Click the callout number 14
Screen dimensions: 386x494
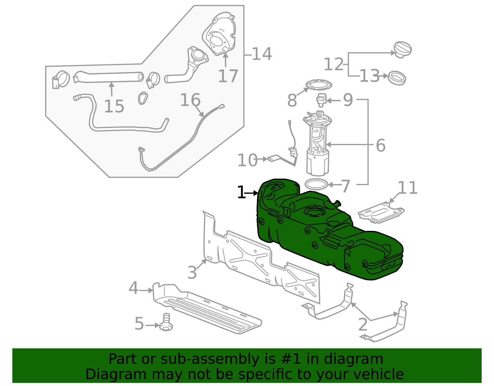pyautogui.click(x=262, y=54)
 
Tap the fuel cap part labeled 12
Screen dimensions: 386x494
pyautogui.click(x=403, y=49)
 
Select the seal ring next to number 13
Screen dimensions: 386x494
pyautogui.click(x=397, y=78)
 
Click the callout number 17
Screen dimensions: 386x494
pyautogui.click(x=228, y=76)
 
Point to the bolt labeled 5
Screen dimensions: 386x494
pyautogui.click(x=166, y=323)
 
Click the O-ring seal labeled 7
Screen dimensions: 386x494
pyautogui.click(x=316, y=185)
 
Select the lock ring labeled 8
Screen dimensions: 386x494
pyautogui.click(x=319, y=84)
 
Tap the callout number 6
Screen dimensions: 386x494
pyautogui.click(x=381, y=145)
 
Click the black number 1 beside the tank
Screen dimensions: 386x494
pyautogui.click(x=241, y=193)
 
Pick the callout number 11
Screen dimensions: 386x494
pyautogui.click(x=408, y=188)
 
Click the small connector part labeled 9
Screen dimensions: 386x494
pyautogui.click(x=321, y=100)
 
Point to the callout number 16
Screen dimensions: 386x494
pyautogui.click(x=190, y=100)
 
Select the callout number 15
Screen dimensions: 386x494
pyautogui.click(x=114, y=106)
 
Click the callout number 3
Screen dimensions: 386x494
pyautogui.click(x=192, y=273)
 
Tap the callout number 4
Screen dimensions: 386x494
pyautogui.click(x=133, y=288)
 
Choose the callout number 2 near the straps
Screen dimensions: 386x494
pyautogui.click(x=363, y=324)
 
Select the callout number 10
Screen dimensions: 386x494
pyautogui.click(x=247, y=160)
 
